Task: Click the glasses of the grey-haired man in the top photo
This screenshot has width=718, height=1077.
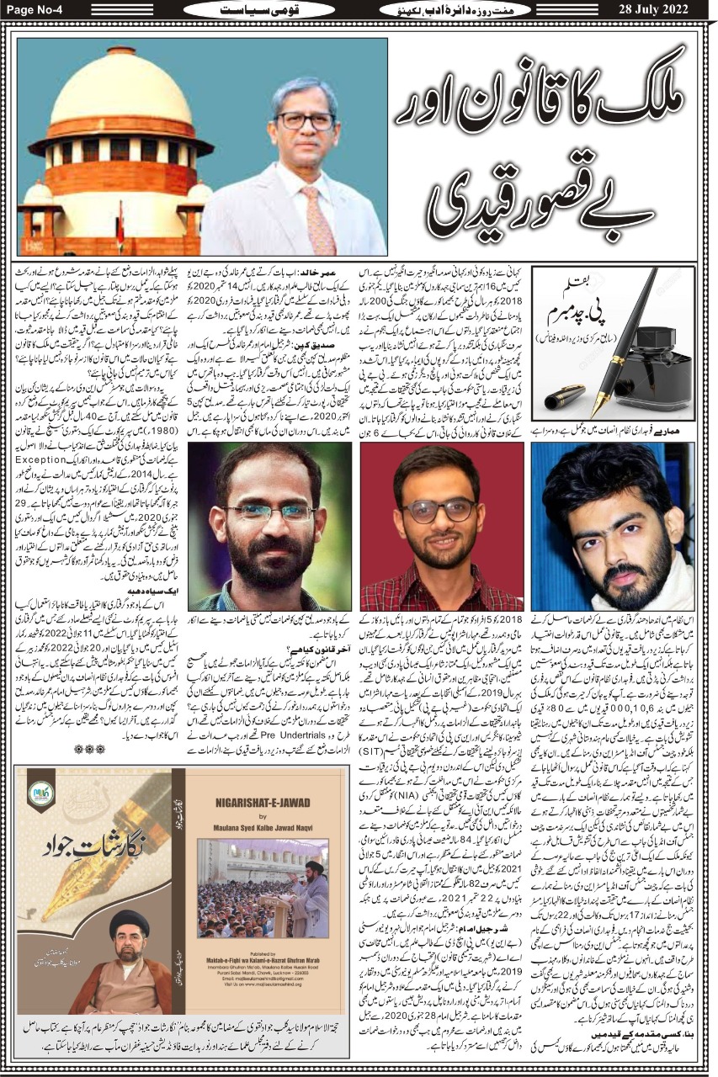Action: pos(305,120)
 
